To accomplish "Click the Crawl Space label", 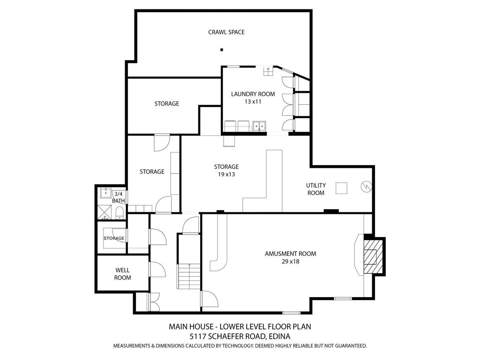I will coord(226,32).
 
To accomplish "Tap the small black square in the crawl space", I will coord(222,49).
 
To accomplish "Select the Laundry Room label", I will coord(253,94).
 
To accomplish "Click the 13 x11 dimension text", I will coord(253,102).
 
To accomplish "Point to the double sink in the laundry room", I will coord(259,126).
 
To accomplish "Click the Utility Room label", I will coord(316,189).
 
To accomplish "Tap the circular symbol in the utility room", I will coord(366,187).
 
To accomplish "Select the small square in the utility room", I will coord(341,188).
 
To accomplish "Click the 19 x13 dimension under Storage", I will coord(226,174).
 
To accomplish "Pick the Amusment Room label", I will coord(290,254).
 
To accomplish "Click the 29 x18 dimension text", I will coord(290,262).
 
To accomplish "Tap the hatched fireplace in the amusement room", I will coord(374,256).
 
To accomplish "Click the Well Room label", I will coord(122,274).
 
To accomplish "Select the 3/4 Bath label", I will coord(118,197).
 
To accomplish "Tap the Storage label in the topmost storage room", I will coord(166,104).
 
